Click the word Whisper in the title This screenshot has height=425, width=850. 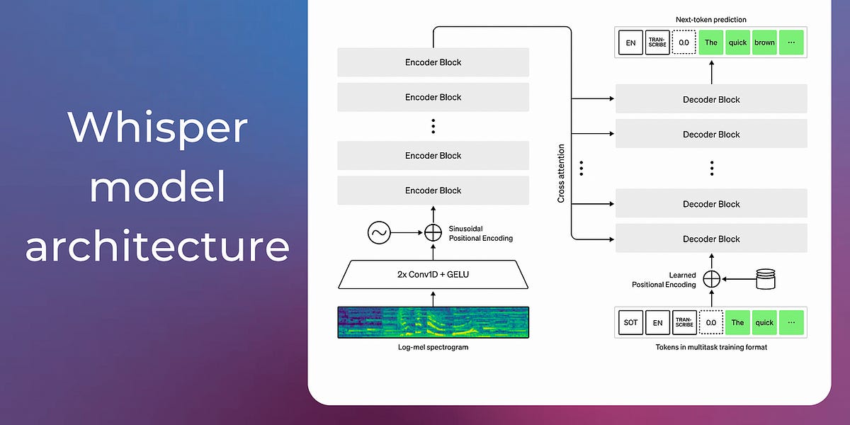[157, 128]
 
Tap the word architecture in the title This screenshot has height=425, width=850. [157, 247]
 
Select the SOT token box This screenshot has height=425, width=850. [630, 323]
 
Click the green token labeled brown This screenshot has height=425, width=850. [764, 42]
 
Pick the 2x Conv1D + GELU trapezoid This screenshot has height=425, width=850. [433, 274]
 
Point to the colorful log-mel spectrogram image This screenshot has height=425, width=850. [433, 323]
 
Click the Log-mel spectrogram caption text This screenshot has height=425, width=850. [433, 348]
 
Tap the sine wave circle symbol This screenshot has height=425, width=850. [379, 233]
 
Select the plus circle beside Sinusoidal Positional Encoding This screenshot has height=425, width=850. [433, 233]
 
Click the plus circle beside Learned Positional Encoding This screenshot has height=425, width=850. [711, 279]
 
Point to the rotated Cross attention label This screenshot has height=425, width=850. [561, 174]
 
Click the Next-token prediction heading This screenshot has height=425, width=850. [711, 20]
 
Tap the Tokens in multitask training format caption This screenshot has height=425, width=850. [711, 348]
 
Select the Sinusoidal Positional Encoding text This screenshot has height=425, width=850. [480, 234]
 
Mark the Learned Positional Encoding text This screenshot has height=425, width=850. [664, 280]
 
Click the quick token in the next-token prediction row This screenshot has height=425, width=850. [737, 42]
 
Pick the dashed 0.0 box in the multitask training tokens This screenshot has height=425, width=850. [711, 323]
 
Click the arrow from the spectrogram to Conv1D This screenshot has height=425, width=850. [433, 298]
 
